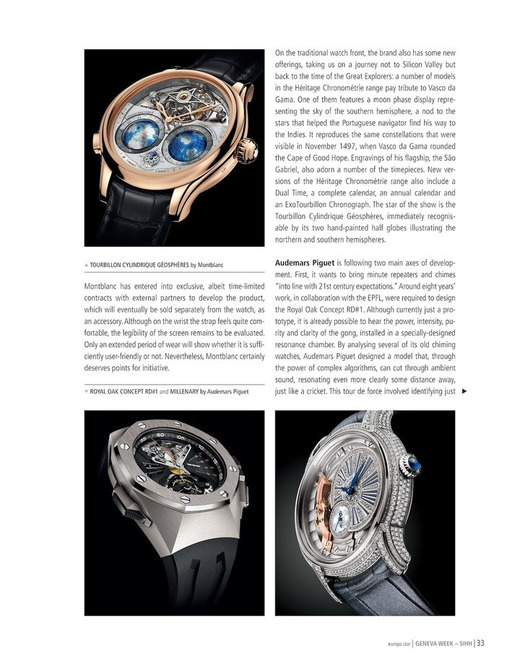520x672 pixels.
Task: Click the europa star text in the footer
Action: (x=396, y=645)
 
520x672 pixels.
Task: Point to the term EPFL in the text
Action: (x=381, y=301)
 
